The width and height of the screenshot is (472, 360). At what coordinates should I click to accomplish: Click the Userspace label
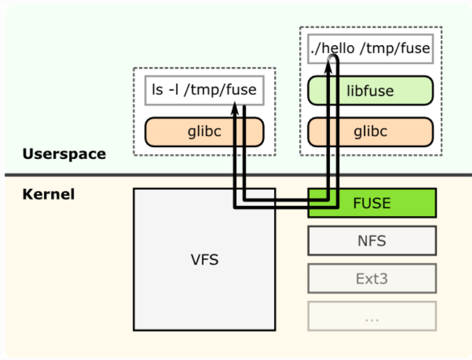pyautogui.click(x=64, y=154)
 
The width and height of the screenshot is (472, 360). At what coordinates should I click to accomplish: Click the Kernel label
pyautogui.click(x=48, y=194)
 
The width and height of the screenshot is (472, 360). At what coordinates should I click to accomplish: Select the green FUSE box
pyautogui.click(x=372, y=203)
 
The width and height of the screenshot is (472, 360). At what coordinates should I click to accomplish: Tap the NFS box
pyautogui.click(x=372, y=241)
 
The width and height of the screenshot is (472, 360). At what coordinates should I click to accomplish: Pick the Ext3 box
pyautogui.click(x=372, y=278)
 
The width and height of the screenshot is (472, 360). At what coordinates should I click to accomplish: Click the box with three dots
pyautogui.click(x=372, y=316)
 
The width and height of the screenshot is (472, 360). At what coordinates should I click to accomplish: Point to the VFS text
pyautogui.click(x=205, y=259)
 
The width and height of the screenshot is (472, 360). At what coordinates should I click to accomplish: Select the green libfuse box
pyautogui.click(x=371, y=90)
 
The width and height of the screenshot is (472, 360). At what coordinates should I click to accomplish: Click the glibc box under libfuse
pyautogui.click(x=371, y=132)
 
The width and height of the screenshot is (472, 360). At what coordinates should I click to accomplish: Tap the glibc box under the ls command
pyautogui.click(x=204, y=132)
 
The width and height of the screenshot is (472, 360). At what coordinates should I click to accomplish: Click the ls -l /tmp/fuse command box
pyautogui.click(x=204, y=90)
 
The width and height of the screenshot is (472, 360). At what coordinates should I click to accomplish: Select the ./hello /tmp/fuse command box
pyautogui.click(x=371, y=49)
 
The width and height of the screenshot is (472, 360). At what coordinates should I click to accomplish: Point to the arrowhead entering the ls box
pyautogui.click(x=235, y=108)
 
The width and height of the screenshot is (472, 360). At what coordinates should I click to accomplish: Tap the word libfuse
pyautogui.click(x=370, y=90)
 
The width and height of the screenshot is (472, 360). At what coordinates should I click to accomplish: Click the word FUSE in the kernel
pyautogui.click(x=372, y=203)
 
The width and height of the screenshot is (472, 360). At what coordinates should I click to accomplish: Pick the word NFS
pyautogui.click(x=372, y=241)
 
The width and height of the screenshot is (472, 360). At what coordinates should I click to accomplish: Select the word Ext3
pyautogui.click(x=372, y=279)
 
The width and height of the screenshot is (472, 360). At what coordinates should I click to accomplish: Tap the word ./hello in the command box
pyautogui.click(x=332, y=48)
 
